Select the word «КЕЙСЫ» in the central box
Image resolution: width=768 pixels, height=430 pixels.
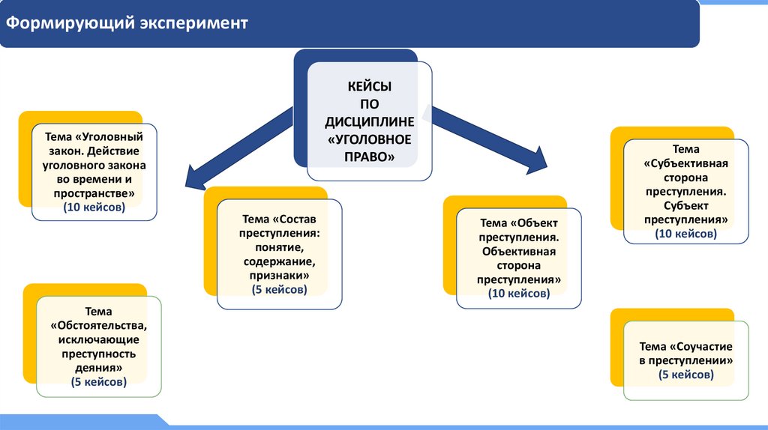tap(369, 87)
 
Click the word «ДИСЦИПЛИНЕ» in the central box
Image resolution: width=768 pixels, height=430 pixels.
tap(369, 122)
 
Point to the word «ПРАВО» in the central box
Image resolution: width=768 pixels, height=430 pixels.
tap(369, 157)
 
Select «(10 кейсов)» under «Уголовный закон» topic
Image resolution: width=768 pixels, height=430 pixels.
tap(94, 208)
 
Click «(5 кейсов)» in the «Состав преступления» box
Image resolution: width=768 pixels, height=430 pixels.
tap(278, 289)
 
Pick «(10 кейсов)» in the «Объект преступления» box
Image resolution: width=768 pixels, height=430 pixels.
tap(518, 293)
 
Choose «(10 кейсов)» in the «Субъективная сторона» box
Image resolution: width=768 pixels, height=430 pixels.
tap(685, 234)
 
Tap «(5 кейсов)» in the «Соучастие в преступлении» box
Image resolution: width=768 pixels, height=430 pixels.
tap(685, 374)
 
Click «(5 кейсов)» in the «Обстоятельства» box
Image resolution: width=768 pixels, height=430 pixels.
tap(98, 381)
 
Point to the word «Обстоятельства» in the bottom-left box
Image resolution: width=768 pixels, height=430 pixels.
tap(100, 326)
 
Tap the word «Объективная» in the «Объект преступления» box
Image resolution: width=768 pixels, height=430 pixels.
tap(519, 251)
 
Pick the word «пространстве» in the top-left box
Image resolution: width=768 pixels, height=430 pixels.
tap(95, 193)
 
